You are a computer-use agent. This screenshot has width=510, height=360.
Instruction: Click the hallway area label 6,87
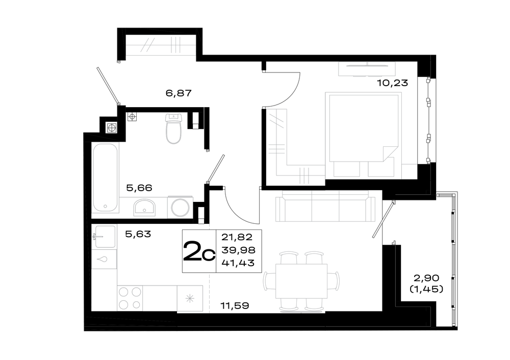pyautogui.click(x=178, y=93)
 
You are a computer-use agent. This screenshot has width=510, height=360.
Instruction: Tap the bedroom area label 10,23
pyautogui.click(x=392, y=83)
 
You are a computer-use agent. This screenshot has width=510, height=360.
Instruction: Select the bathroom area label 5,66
pyautogui.click(x=139, y=188)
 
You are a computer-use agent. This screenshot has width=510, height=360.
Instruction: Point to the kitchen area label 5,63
pyautogui.click(x=138, y=234)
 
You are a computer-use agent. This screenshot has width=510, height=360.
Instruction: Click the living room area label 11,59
pyautogui.click(x=235, y=305)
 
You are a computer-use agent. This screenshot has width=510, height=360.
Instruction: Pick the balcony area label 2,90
pyautogui.click(x=426, y=278)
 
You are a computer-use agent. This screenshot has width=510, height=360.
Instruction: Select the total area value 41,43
pyautogui.click(x=238, y=263)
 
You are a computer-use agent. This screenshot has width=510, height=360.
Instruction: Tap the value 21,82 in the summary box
pyautogui.click(x=237, y=237)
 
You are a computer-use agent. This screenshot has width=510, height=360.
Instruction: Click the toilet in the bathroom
pyautogui.click(x=173, y=128)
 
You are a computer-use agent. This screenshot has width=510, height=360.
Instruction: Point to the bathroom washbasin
pyautogui.click(x=144, y=208)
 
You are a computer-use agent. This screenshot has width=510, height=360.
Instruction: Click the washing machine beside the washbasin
pyautogui.click(x=180, y=208)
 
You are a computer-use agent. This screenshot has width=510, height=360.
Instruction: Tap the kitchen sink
pyautogui.click(x=104, y=237)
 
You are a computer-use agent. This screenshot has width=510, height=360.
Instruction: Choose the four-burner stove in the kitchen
pyautogui.click(x=130, y=298)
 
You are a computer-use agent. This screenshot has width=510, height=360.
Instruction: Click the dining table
pyautogui.click(x=301, y=281)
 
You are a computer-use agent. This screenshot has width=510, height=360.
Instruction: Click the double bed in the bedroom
pyautogui.click(x=364, y=136)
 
